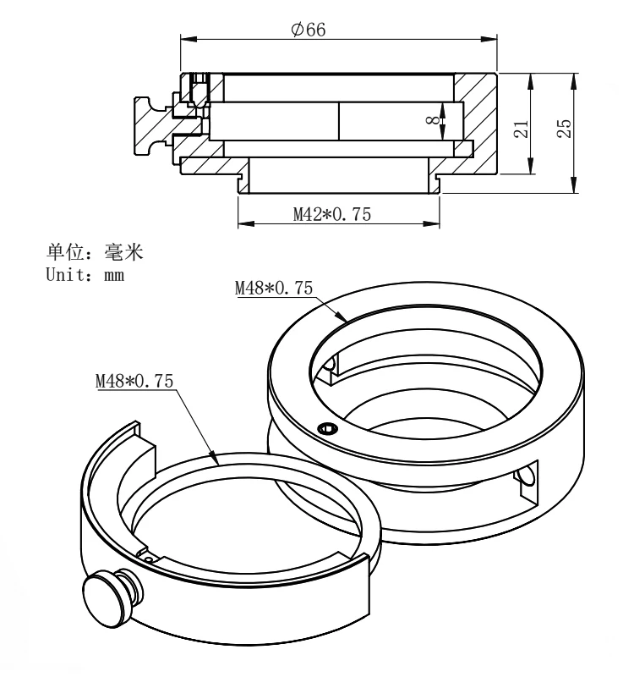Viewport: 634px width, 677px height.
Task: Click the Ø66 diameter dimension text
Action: click(308, 30)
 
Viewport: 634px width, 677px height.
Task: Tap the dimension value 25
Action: click(565, 128)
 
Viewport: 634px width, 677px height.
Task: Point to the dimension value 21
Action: click(522, 128)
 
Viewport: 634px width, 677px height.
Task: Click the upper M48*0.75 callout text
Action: click(273, 289)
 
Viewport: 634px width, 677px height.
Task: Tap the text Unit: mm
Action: click(85, 274)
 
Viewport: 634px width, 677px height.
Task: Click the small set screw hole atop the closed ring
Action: click(326, 430)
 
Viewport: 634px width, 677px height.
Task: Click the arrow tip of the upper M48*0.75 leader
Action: click(346, 320)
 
